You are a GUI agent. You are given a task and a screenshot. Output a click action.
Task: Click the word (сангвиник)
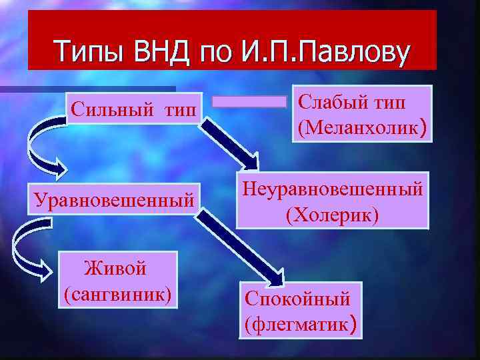tap(117, 293)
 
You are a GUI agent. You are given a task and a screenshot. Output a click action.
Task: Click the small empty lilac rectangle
tap(249, 101)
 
